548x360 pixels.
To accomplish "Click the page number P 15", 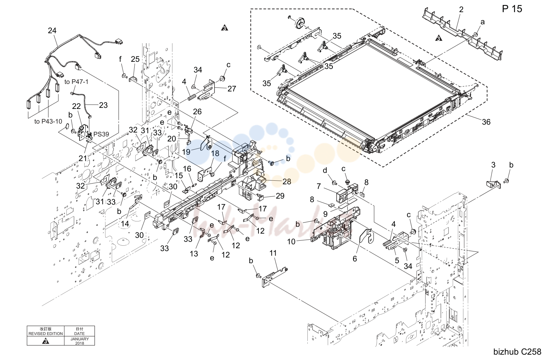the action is (512, 9).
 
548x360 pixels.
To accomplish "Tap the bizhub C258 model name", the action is (517, 352).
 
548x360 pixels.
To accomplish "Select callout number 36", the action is (486, 122).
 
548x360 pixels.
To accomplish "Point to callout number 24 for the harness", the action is (52, 31).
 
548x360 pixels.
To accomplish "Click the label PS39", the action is (101, 134).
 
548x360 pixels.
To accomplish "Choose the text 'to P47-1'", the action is (76, 82).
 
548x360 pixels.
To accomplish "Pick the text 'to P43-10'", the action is (48, 121).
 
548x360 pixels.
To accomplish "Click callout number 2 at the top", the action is (461, 10).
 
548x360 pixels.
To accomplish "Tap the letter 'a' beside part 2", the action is (482, 22).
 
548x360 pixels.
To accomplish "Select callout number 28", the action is (287, 181).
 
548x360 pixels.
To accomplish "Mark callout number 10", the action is (291, 242).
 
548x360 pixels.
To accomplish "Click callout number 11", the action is (273, 253).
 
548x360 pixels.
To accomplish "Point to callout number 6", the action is (355, 259).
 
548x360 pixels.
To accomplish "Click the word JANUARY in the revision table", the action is (80, 339).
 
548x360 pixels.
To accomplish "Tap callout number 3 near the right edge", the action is (493, 165).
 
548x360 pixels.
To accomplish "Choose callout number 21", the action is (83, 158).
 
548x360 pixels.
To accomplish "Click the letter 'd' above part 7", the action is (325, 170).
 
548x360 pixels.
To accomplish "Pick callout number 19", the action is (186, 152).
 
